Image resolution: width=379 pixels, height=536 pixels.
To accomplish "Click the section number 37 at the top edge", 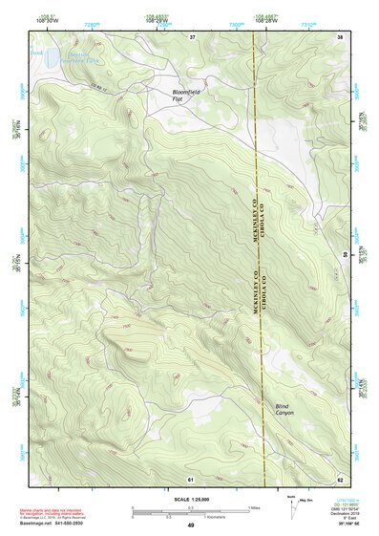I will tap(191, 36).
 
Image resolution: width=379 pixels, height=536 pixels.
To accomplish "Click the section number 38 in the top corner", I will tap(340, 36).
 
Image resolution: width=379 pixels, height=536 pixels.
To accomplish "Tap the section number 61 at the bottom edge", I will tap(191, 478).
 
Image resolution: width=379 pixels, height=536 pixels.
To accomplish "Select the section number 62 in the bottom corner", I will tap(340, 478).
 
